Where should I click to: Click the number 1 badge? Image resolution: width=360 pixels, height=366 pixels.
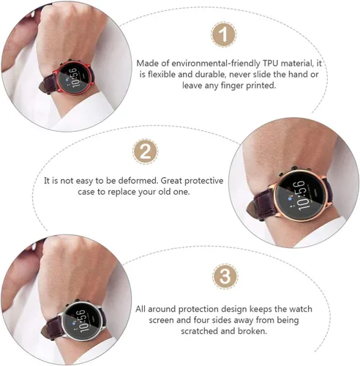(223, 34)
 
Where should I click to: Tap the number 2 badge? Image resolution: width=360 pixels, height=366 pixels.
(145, 152)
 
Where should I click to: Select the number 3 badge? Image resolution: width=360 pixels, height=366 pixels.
(225, 277)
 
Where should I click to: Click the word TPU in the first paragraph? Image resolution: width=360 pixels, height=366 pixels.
(271, 63)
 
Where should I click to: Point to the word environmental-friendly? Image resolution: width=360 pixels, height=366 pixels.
(216, 64)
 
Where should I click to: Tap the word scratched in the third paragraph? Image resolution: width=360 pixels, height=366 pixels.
(200, 331)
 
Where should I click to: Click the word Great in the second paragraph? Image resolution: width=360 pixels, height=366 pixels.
(171, 181)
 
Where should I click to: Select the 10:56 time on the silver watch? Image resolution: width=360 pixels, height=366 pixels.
(81, 320)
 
